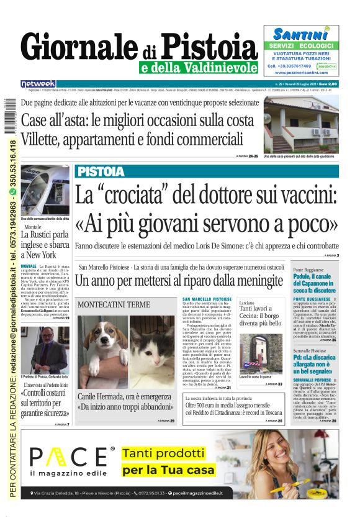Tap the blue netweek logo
38,83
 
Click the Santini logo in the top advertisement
300,34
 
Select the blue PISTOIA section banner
110,171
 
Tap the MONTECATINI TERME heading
114,304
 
